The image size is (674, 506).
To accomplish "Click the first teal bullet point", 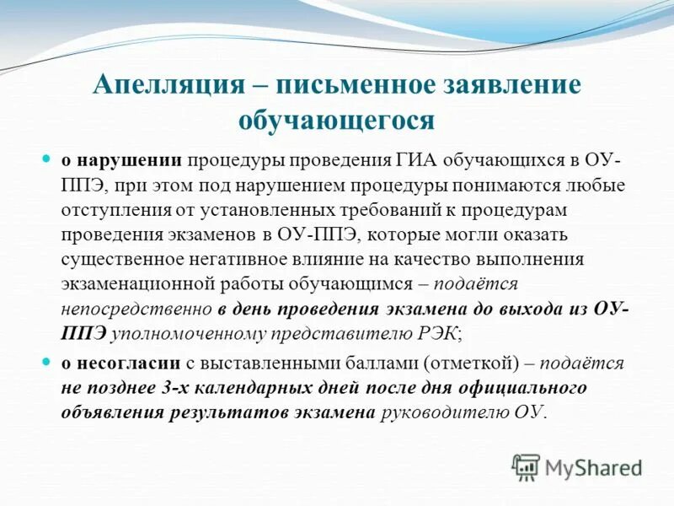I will (x=47, y=159).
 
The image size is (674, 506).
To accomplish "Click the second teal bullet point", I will (x=47, y=363).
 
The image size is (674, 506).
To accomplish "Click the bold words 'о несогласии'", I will (x=120, y=363).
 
